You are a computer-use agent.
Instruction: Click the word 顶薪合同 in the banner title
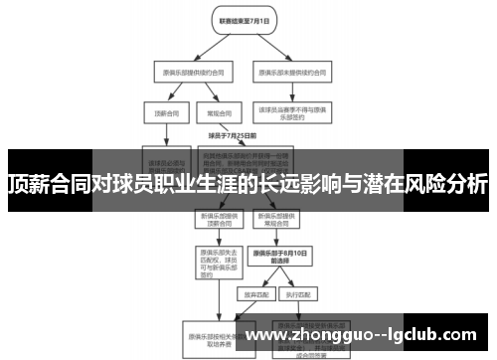click(x=46, y=185)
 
